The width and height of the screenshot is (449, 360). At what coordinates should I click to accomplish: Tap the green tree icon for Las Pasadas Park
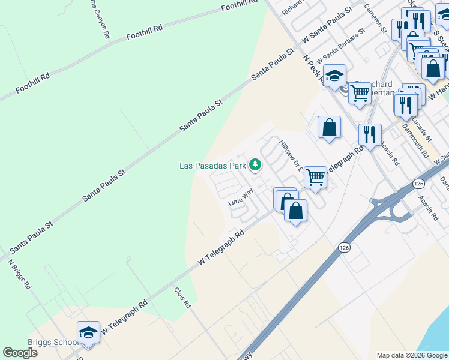255,164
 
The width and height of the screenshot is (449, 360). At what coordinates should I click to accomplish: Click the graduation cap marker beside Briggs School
88,333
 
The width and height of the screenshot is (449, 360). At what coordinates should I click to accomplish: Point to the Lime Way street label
241,197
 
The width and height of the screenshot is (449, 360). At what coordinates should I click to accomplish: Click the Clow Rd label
182,298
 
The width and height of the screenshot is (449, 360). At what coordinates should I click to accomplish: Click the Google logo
20,353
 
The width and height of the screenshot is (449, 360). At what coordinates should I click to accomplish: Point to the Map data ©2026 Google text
412,355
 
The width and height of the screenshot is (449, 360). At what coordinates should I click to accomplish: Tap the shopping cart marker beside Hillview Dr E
315,177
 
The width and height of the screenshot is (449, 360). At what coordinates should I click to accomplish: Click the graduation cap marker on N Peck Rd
334,76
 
